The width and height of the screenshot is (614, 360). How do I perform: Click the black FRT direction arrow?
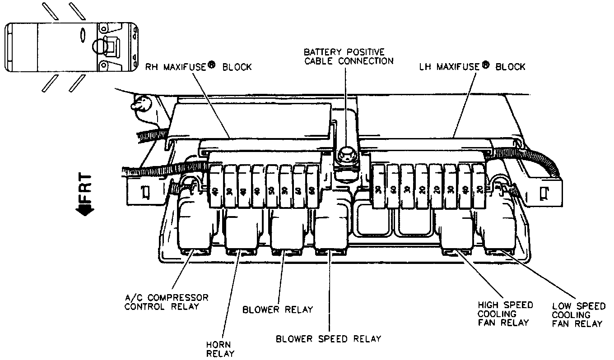85,209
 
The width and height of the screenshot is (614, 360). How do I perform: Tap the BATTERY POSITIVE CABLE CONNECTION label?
348,56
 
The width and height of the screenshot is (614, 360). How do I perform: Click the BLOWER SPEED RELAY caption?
329,338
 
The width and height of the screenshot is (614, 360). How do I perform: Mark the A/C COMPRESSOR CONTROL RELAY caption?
167,302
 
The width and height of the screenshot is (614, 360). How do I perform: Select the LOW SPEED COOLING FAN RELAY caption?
578,315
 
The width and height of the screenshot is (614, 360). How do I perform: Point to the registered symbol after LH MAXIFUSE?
486,64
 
